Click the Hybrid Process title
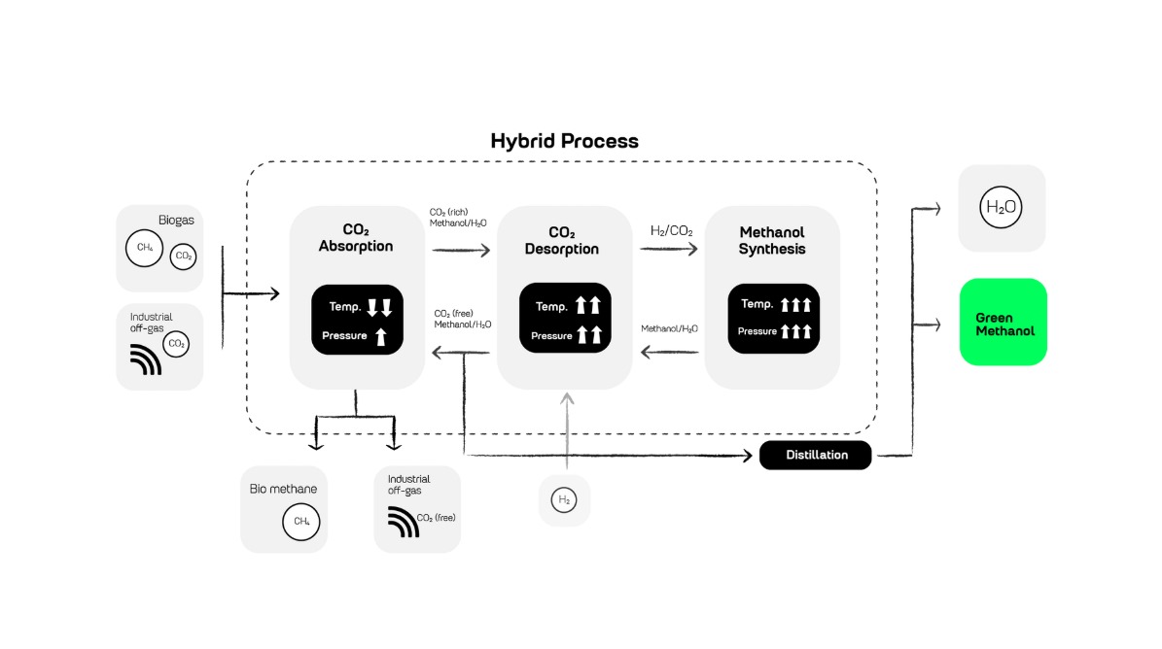coord(564,141)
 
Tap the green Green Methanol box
coord(1003,324)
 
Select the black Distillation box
coord(816,455)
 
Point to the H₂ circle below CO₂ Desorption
coord(564,500)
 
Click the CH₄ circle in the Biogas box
coord(144,247)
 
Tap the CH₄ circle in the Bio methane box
coord(301,522)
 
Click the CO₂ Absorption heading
coord(356,238)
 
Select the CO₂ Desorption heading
coord(562,241)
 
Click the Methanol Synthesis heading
coord(772,241)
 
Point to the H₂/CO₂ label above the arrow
coord(671,231)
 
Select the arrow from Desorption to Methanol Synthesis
coord(669,249)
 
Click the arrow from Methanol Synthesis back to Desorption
coord(669,353)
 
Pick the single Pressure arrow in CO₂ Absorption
coord(381,336)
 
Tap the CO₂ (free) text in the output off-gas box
coord(436,518)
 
